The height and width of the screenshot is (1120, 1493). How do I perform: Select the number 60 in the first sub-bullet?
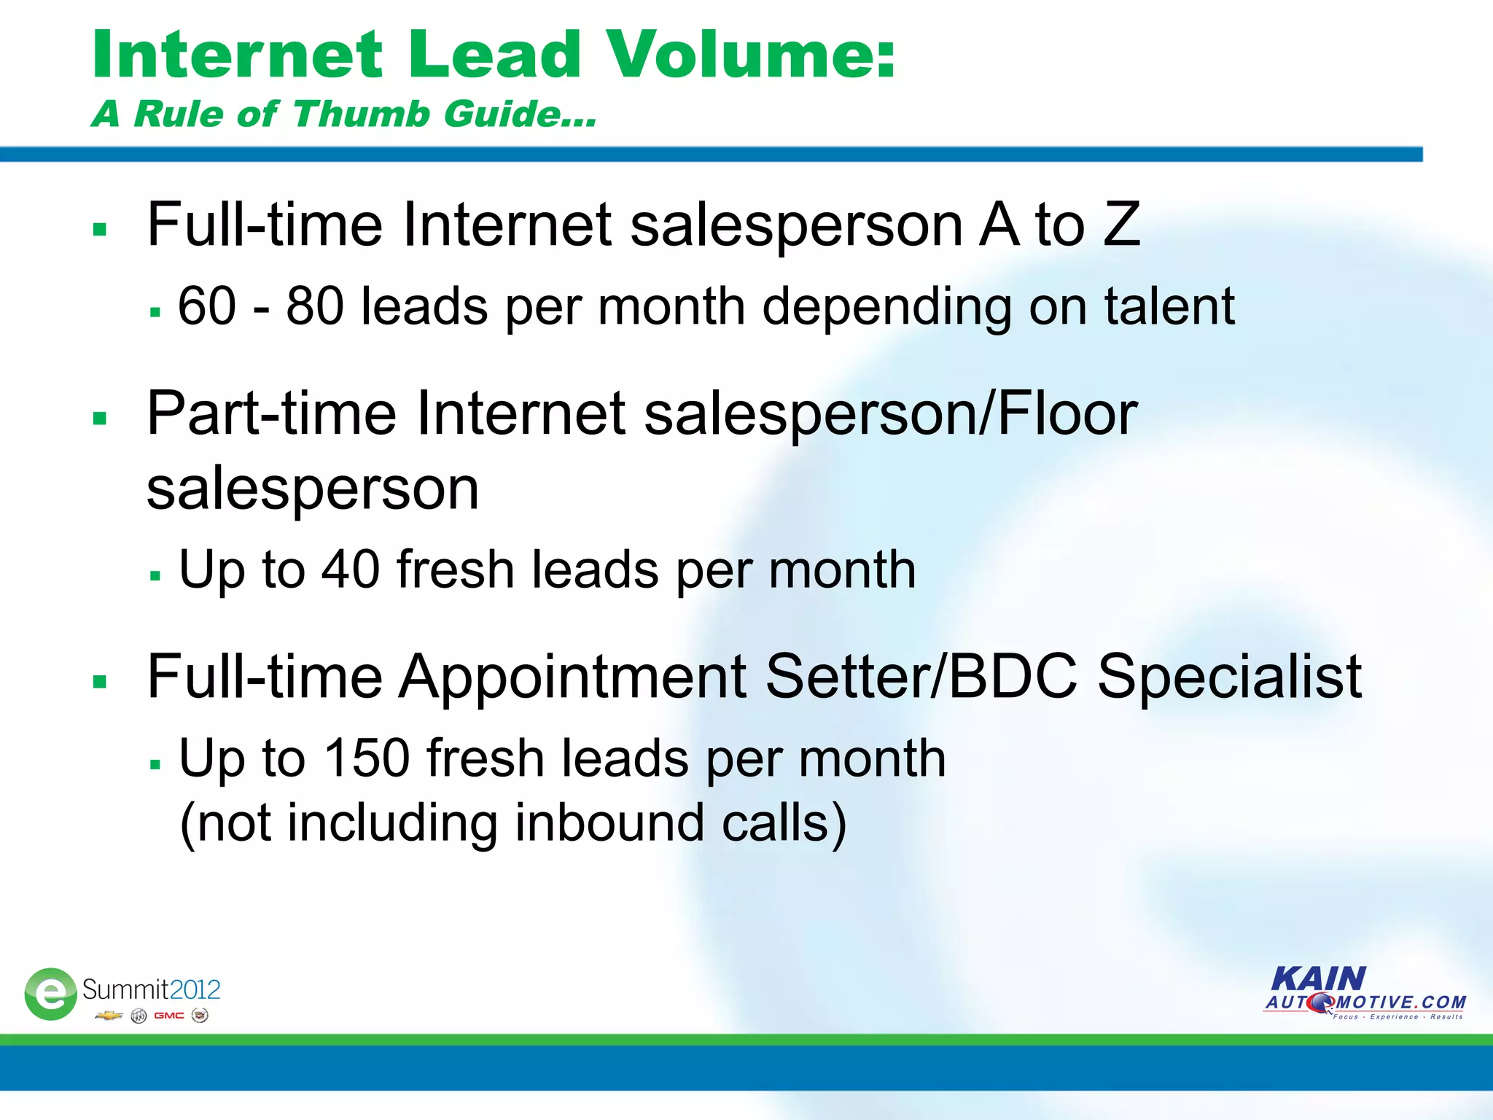207,306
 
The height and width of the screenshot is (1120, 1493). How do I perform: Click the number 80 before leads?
315,306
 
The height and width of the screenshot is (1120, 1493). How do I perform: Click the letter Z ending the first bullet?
1121,225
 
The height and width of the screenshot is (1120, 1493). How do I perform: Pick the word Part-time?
271,414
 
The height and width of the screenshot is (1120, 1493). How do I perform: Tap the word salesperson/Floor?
890,414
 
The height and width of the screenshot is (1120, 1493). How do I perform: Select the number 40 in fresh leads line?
351,569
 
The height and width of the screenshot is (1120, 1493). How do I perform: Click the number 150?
367,758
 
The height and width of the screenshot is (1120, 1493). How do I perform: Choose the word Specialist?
1229,677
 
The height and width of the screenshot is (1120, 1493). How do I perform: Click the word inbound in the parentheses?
609,823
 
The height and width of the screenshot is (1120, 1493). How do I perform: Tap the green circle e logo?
50,994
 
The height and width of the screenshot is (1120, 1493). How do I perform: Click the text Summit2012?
151,989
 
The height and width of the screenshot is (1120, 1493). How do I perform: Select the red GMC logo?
169,1016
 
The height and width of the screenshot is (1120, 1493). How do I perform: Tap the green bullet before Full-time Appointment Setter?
100,682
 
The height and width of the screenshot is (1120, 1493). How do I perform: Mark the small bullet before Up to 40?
155,575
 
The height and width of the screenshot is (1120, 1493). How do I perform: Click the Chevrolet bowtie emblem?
109,1016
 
